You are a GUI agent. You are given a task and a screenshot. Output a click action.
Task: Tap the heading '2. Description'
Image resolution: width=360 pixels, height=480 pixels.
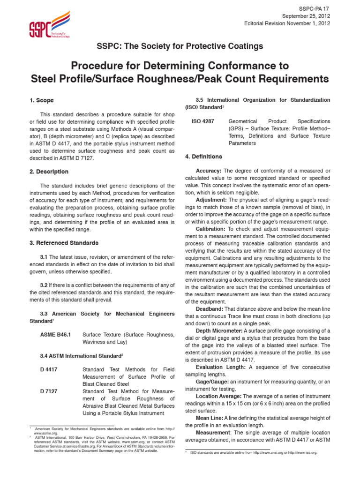click(x=49, y=172)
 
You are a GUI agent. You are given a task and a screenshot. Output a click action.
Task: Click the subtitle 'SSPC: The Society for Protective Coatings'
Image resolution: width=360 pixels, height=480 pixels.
click(x=180, y=46)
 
